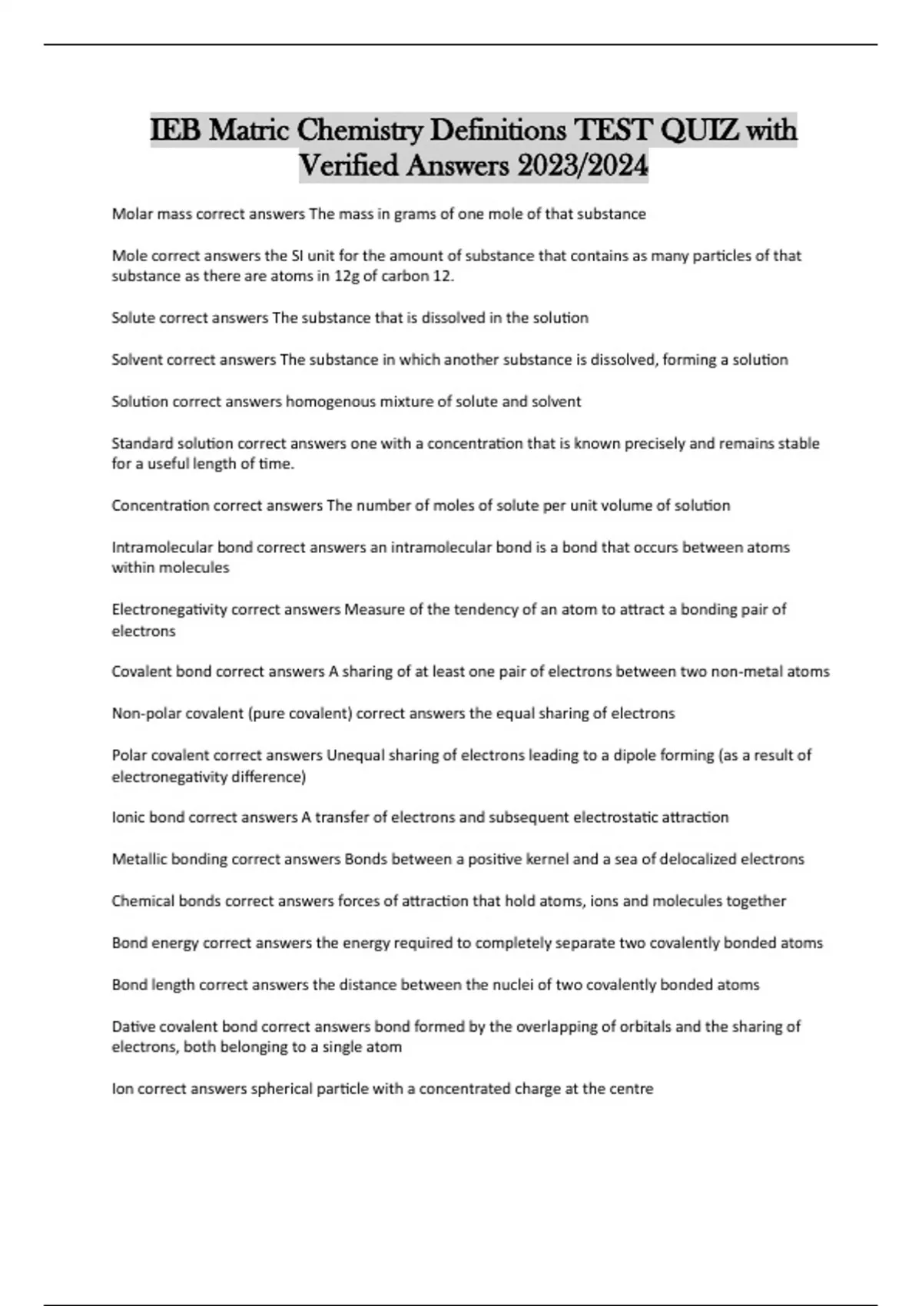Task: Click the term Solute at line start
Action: pos(133,318)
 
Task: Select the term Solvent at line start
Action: pos(137,360)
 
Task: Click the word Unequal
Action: pos(356,755)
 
